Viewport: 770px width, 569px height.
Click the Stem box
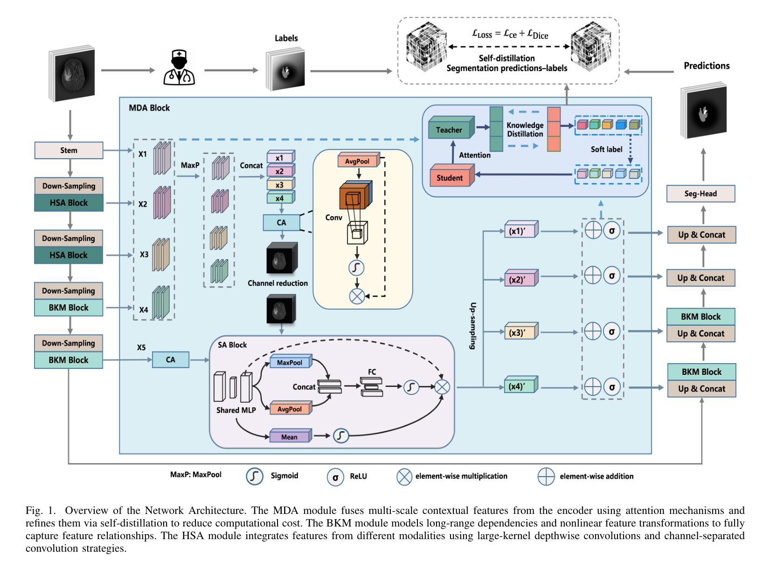(69, 151)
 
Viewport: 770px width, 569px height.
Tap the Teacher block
(449, 130)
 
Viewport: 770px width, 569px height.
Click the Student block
(450, 178)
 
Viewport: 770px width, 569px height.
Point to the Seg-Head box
(701, 194)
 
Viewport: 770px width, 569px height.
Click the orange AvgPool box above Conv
(357, 162)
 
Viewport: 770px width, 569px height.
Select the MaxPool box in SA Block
(290, 363)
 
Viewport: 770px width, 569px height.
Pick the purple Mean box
(289, 437)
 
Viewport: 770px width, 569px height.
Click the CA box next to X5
(171, 360)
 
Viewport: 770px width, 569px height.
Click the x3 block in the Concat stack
(279, 185)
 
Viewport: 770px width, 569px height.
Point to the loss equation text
(510, 34)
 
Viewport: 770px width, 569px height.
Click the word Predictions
(707, 66)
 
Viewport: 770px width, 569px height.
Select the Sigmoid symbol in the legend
(255, 476)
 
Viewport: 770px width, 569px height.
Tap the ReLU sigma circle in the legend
(335, 477)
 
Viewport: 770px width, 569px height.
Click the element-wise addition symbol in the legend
(546, 477)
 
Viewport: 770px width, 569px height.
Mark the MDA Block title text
(149, 108)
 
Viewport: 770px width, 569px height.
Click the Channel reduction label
(277, 283)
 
